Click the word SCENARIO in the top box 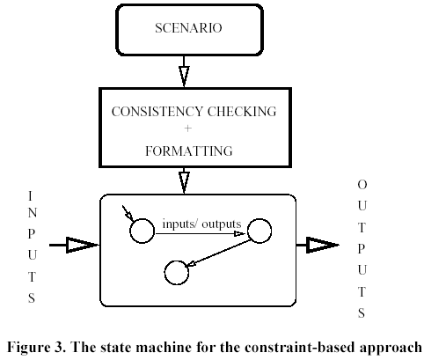(x=188, y=28)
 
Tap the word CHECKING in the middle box (x=242, y=112)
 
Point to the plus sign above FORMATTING (x=187, y=129)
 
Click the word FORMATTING (x=189, y=151)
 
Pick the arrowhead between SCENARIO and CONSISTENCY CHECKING (x=184, y=77)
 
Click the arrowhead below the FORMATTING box (x=184, y=182)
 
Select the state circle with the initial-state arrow (x=142, y=231)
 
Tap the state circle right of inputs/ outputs (x=260, y=231)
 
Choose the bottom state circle (x=177, y=273)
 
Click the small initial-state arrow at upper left (x=128, y=213)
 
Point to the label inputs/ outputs (x=201, y=224)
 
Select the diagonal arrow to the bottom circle (x=218, y=253)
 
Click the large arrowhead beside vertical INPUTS (x=82, y=245)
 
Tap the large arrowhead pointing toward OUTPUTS (x=323, y=245)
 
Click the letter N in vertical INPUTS (x=33, y=213)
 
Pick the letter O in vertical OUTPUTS (x=362, y=185)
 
